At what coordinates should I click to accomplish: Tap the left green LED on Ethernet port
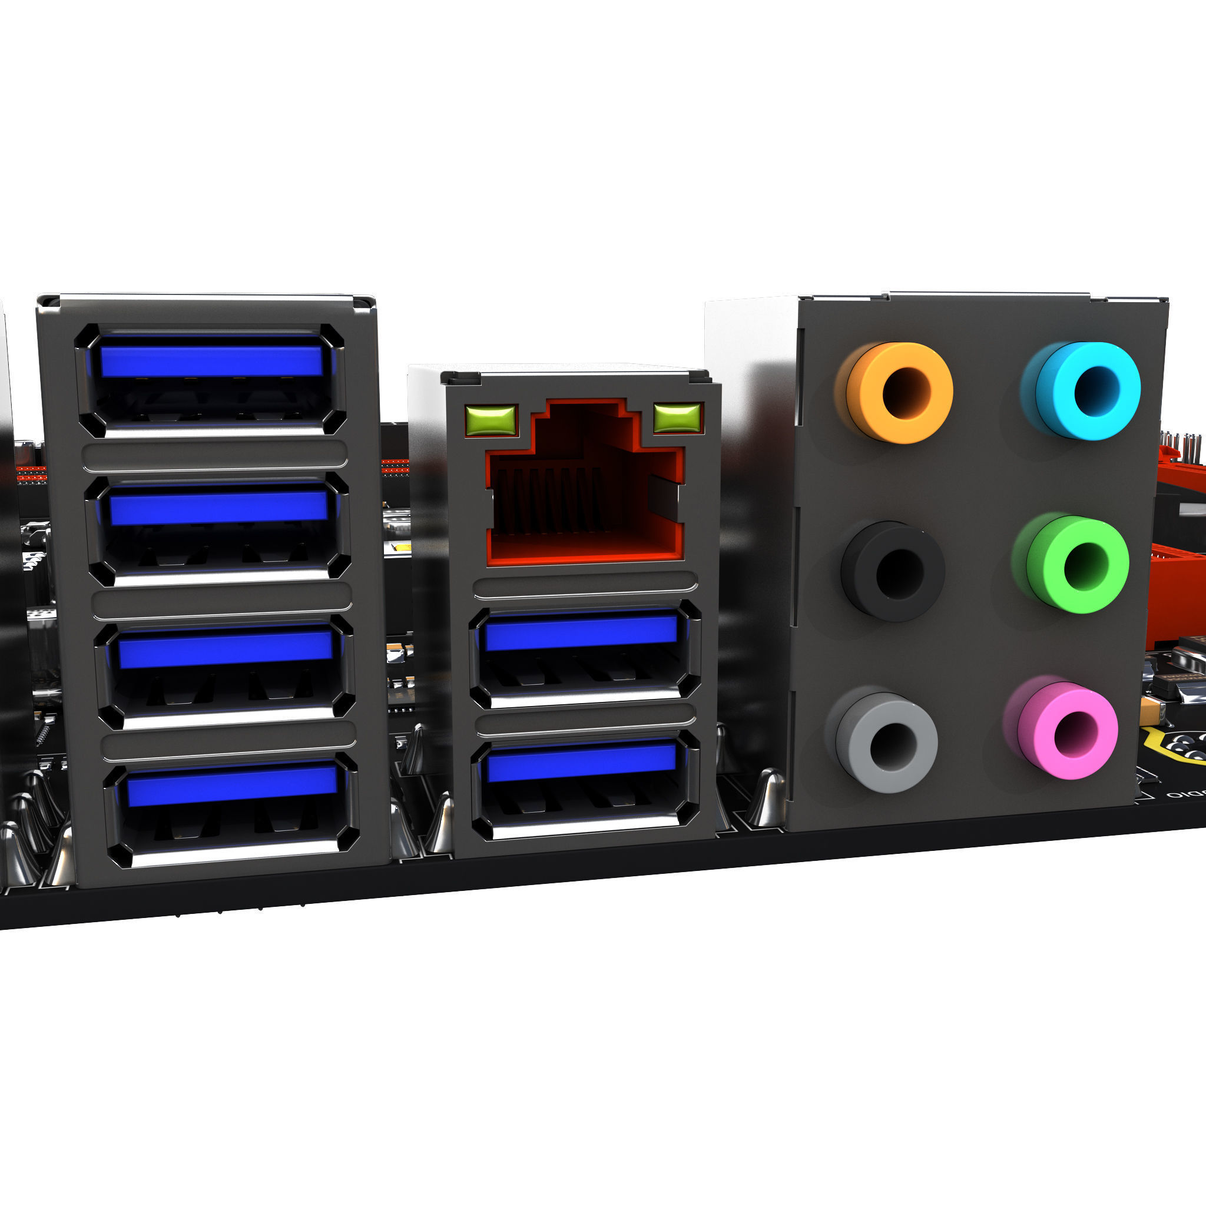tap(491, 419)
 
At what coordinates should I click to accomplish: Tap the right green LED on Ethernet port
tap(677, 418)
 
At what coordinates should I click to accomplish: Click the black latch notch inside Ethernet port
tap(663, 497)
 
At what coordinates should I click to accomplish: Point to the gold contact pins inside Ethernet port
tap(549, 499)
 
